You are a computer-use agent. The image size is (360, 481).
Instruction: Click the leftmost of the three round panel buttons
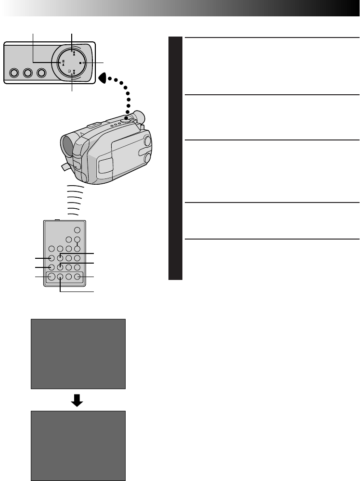pyautogui.click(x=14, y=73)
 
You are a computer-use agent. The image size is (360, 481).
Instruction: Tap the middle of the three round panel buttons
pyautogui.click(x=27, y=73)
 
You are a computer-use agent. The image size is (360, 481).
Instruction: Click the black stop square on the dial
pyautogui.click(x=80, y=63)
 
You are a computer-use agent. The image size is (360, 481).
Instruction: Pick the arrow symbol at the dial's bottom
pyautogui.click(x=72, y=75)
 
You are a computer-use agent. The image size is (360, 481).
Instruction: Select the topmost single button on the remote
pyautogui.click(x=77, y=230)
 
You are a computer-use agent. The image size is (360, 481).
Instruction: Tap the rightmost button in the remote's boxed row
pyautogui.click(x=77, y=277)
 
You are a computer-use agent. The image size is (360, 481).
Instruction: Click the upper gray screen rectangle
pyautogui.click(x=78, y=354)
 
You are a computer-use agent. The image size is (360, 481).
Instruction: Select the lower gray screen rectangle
pyautogui.click(x=78, y=445)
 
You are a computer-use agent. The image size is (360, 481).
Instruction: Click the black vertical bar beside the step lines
pyautogui.click(x=176, y=159)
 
